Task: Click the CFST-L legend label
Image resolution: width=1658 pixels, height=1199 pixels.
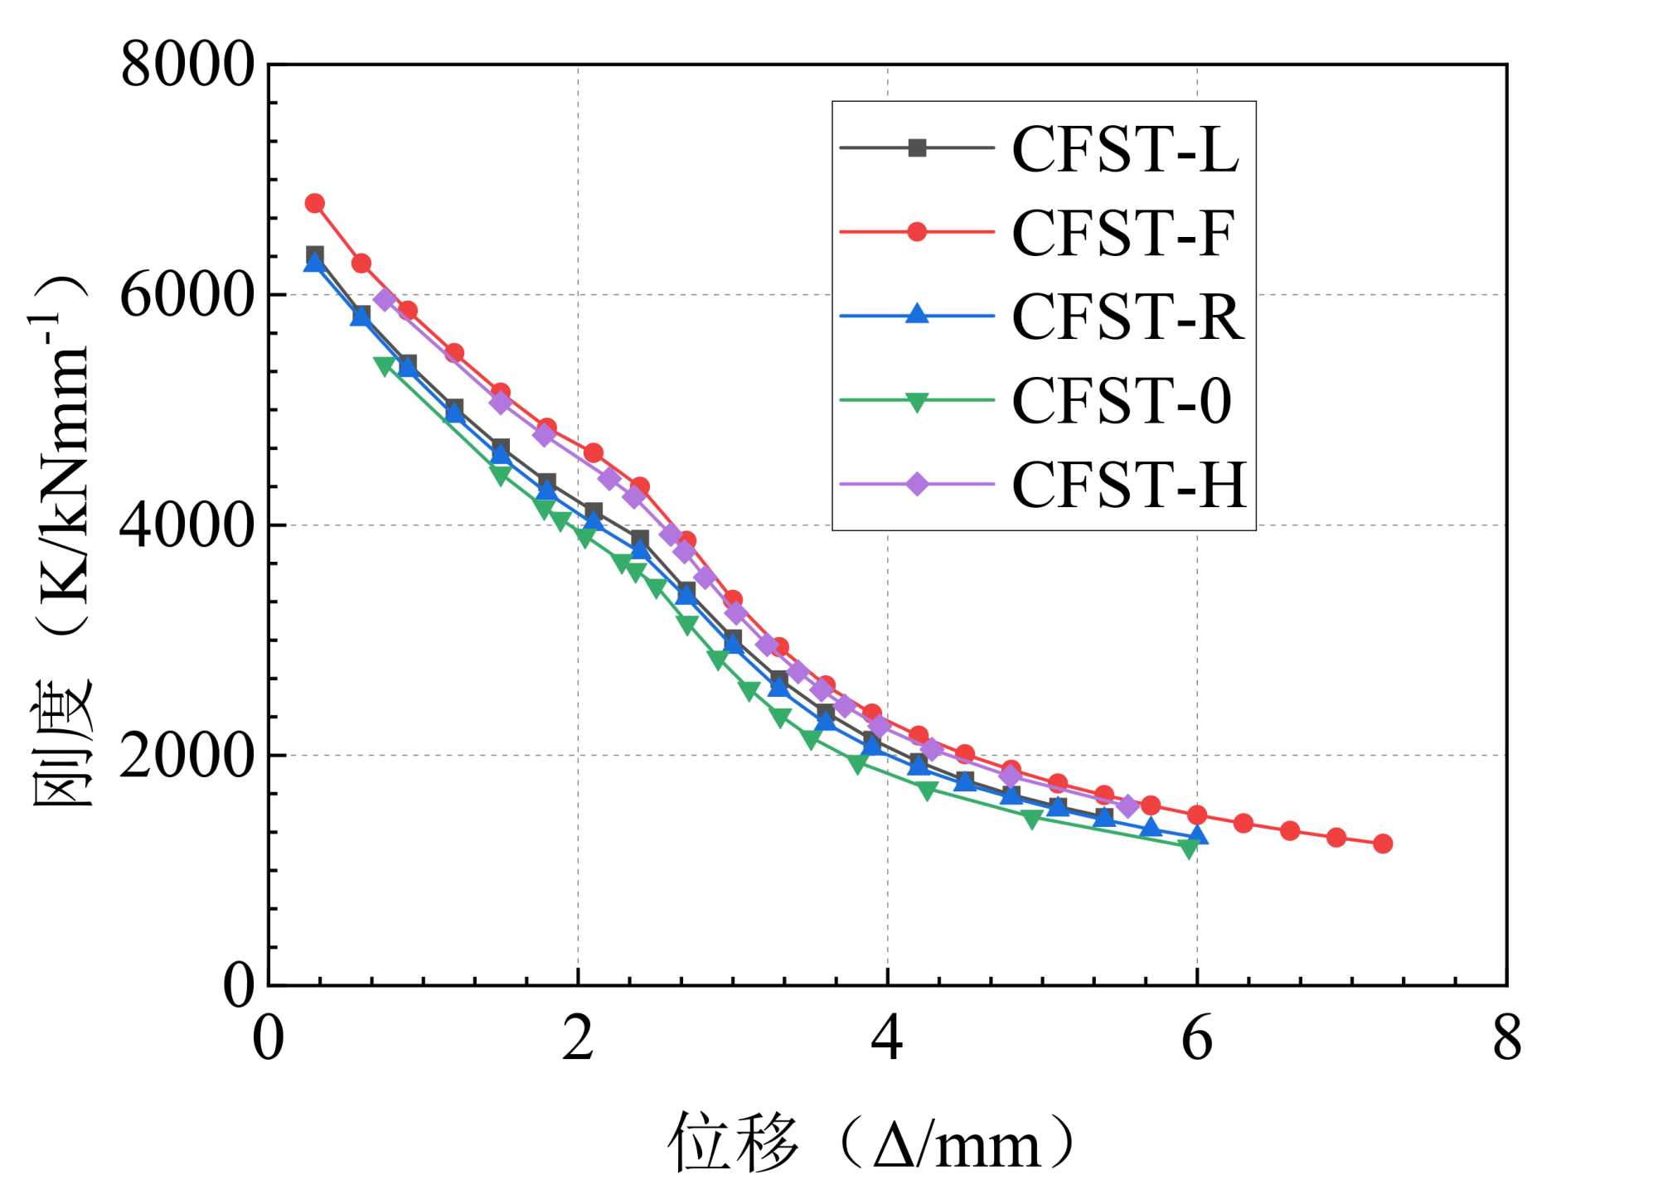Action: click(1125, 150)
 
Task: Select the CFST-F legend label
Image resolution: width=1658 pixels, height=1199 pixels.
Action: click(1123, 234)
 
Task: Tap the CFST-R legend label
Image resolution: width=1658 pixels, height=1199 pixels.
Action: click(1127, 317)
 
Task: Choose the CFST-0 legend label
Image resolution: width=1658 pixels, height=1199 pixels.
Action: click(1122, 401)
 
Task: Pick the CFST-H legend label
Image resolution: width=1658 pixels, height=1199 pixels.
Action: click(1129, 485)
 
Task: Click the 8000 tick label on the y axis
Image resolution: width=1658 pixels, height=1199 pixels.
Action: click(187, 65)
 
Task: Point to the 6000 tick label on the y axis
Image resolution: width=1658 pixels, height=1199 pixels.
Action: click(187, 296)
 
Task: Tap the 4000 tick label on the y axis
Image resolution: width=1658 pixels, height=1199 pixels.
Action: click(187, 526)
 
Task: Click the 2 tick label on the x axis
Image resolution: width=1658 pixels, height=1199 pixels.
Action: click(578, 1038)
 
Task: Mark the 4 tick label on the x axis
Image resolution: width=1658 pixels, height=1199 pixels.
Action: click(887, 1038)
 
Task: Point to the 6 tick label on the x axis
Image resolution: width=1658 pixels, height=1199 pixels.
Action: click(1197, 1038)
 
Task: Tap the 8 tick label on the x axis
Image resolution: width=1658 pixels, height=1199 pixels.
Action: click(1507, 1038)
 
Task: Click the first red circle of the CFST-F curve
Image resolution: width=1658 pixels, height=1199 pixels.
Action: click(315, 203)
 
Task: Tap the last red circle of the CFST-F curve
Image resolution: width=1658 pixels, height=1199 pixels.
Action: click(1383, 844)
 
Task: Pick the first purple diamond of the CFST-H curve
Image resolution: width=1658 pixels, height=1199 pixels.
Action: click(384, 299)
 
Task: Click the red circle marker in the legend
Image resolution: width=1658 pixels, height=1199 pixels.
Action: click(917, 232)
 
